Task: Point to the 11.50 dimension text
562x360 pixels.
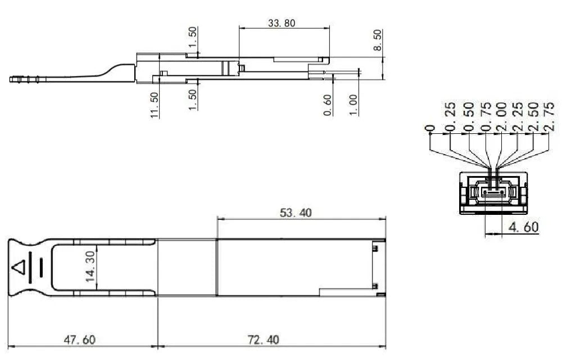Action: (x=155, y=105)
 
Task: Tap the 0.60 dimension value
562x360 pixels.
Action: (x=328, y=105)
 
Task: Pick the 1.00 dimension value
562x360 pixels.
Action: (x=353, y=105)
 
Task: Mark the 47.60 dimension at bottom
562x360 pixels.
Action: (x=79, y=340)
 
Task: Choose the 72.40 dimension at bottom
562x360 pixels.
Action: (x=263, y=340)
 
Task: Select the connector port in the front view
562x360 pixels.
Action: (x=493, y=192)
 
